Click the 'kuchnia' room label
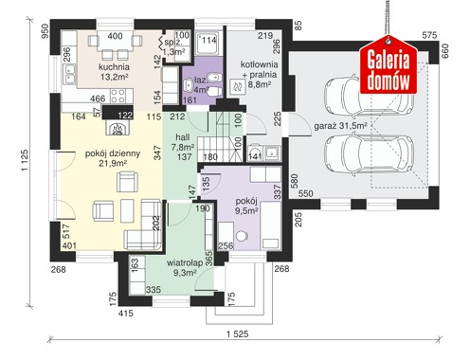(x=114, y=67)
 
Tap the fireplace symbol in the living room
(x=117, y=128)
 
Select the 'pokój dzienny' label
(x=113, y=153)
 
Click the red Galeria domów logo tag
(x=389, y=65)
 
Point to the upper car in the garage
(x=369, y=95)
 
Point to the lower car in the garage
(x=369, y=155)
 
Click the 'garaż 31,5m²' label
(x=340, y=126)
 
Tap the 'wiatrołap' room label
(x=185, y=263)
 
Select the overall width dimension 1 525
(x=237, y=334)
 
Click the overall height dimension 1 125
(x=25, y=160)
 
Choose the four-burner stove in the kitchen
(x=118, y=97)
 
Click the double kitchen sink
(x=69, y=74)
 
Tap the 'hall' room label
(x=183, y=137)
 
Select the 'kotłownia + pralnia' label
(x=260, y=69)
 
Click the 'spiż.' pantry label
(x=172, y=42)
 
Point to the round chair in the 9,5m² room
(x=243, y=236)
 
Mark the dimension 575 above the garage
(x=429, y=35)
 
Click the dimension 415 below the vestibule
(x=126, y=314)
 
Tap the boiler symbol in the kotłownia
(x=238, y=85)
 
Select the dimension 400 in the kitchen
(x=115, y=36)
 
